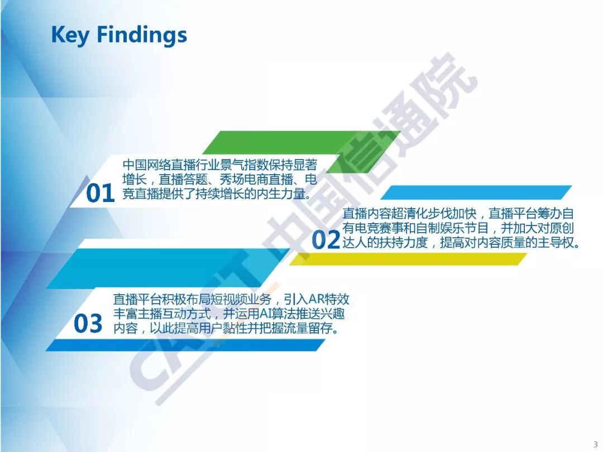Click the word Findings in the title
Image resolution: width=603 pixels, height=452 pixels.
(x=141, y=35)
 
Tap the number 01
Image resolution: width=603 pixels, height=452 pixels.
(x=100, y=193)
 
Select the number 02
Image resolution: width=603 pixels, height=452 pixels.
(x=326, y=240)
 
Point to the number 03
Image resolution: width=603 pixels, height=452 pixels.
(x=88, y=323)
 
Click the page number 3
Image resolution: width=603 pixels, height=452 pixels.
(x=596, y=444)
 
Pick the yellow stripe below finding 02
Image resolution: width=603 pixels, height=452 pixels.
(x=408, y=259)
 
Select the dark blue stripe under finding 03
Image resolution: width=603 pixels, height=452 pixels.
(x=185, y=345)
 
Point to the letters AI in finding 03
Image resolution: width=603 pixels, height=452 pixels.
(x=265, y=314)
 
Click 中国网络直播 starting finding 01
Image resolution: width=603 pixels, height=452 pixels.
(x=159, y=165)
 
